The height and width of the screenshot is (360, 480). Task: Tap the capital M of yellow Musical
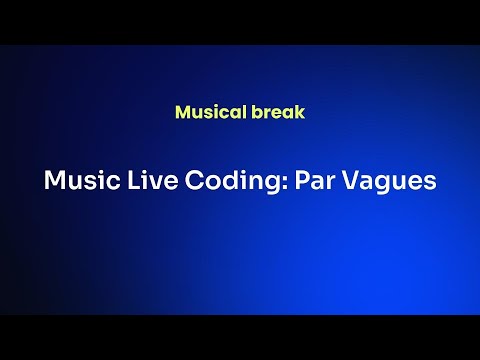pyautogui.click(x=182, y=112)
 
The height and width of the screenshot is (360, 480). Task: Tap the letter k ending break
pyautogui.click(x=300, y=112)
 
